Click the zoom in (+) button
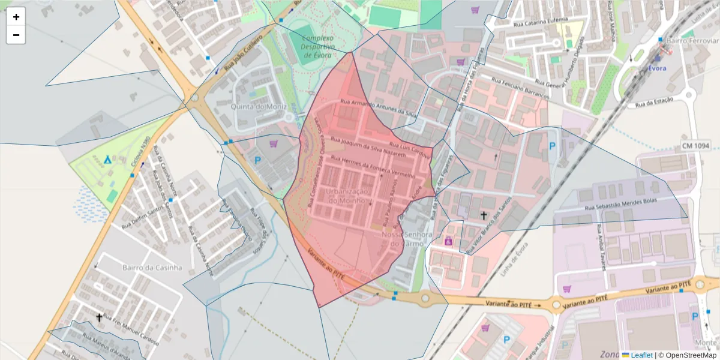[x=16, y=17]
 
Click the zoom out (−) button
[x=16, y=35]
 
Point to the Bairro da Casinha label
[x=151, y=268]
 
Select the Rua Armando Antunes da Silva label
[x=378, y=107]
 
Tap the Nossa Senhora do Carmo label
[x=407, y=239]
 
